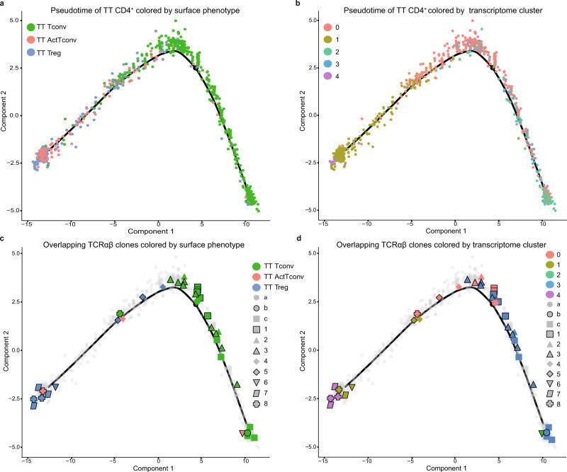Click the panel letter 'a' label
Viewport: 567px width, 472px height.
(4, 4)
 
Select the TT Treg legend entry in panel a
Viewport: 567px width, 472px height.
(32, 52)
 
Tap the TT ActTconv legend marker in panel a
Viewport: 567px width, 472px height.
(32, 40)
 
